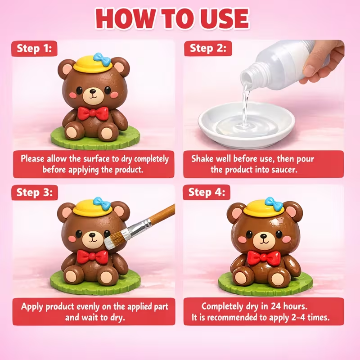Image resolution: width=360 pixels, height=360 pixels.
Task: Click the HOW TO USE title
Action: [x=172, y=18]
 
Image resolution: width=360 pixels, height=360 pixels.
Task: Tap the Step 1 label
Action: [x=34, y=49]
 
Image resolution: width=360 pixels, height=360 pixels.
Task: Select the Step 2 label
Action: [x=208, y=48]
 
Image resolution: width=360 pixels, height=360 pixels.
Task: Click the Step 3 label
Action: [x=35, y=192]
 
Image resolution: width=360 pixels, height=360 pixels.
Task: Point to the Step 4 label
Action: [x=207, y=192]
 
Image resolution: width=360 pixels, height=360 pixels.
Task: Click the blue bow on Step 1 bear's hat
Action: [x=102, y=58]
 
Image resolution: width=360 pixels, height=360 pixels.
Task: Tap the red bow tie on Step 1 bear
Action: [x=93, y=113]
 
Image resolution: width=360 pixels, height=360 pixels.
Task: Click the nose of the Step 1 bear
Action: [x=93, y=91]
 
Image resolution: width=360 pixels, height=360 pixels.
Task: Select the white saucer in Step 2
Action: [x=246, y=125]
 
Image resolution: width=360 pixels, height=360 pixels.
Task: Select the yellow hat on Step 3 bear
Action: [x=93, y=208]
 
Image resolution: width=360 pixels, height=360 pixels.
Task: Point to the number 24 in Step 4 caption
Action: [x=276, y=306]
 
